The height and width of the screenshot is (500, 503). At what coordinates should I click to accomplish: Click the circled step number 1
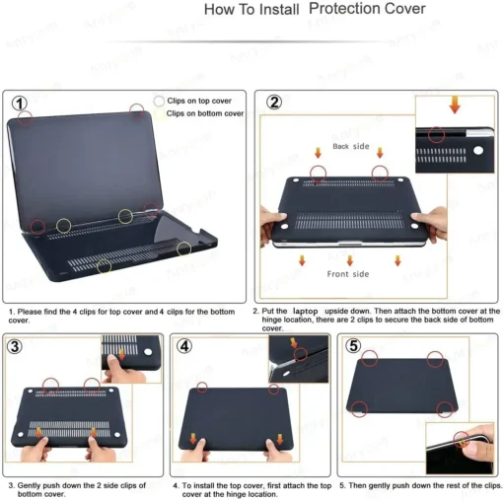pos(19,103)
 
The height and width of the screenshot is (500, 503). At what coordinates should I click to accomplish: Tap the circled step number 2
pos(274,103)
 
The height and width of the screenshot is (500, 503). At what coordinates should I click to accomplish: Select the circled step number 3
pos(17,346)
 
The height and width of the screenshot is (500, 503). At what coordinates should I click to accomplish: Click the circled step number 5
pos(353,346)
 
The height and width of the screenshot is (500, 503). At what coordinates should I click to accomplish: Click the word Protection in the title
pos(367,9)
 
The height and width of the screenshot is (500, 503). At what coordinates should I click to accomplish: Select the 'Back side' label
pos(352,146)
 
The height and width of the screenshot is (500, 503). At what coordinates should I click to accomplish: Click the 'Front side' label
pos(348,273)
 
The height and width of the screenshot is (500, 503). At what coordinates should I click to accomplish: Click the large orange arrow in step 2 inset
pos(454,106)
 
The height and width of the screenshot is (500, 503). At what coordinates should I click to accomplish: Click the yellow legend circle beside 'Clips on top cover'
pos(158,101)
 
